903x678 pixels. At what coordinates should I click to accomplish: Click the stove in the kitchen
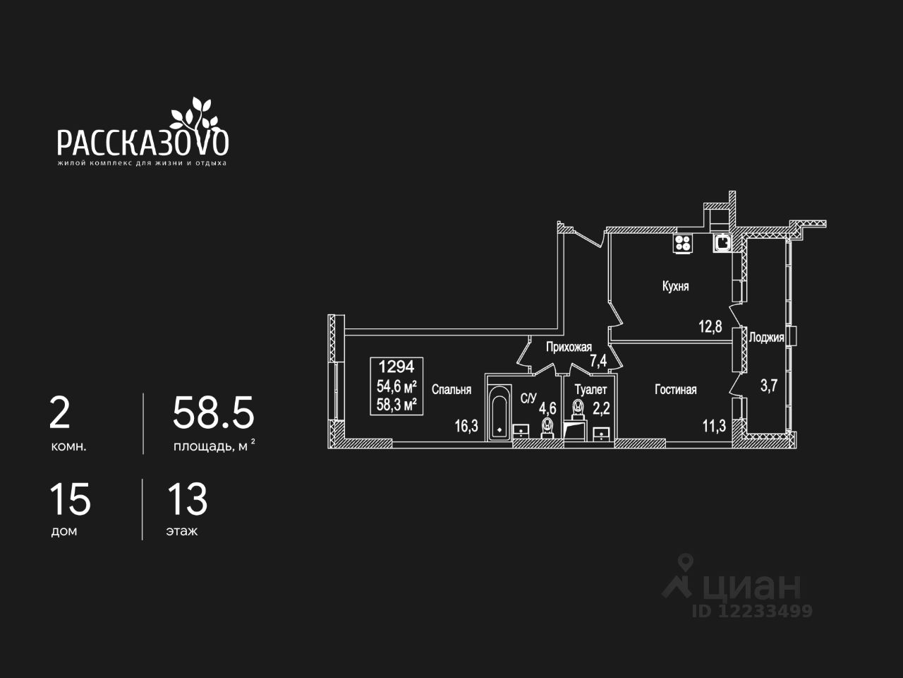(x=683, y=244)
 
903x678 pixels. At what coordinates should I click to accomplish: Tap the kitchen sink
(x=722, y=242)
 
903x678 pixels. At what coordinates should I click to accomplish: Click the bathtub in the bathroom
(x=499, y=412)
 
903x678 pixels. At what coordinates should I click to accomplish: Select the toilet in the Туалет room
(x=578, y=409)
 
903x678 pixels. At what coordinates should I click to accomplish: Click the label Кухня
(x=675, y=286)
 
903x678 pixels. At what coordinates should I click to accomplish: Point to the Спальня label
(x=451, y=389)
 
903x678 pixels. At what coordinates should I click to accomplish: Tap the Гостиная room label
(x=675, y=389)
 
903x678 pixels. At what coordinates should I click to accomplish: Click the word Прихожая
(x=569, y=347)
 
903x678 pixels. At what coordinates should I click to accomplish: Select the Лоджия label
(x=766, y=338)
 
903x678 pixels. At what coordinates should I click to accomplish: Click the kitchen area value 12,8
(x=710, y=326)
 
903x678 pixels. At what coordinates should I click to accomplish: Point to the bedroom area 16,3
(x=466, y=425)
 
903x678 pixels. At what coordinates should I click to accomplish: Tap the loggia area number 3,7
(x=768, y=386)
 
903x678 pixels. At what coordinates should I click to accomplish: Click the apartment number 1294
(x=396, y=367)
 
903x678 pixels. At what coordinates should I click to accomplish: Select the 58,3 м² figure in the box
(x=396, y=404)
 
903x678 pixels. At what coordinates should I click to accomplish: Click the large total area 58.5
(x=213, y=413)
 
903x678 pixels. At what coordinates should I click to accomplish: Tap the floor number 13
(x=187, y=500)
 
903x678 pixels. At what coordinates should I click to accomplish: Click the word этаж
(x=182, y=531)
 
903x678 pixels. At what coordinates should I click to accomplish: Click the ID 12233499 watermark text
(x=752, y=611)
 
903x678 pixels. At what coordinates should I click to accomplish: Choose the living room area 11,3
(x=714, y=425)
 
